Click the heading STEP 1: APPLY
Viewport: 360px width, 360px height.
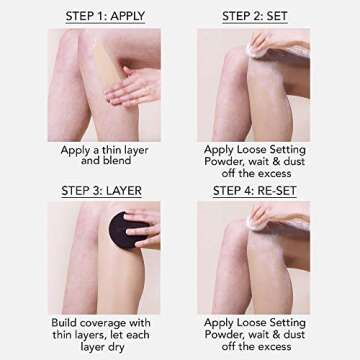[x=105, y=16]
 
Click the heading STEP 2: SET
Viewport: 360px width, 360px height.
[x=252, y=16]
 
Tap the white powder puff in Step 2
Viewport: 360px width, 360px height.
[x=264, y=43]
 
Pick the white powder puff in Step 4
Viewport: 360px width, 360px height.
[x=262, y=217]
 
